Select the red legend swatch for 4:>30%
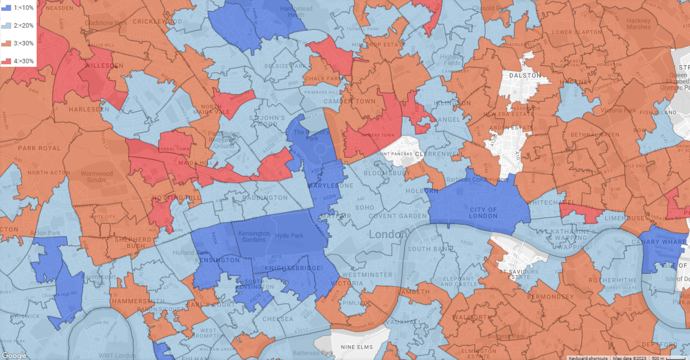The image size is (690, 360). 6,61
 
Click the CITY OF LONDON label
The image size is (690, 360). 483,213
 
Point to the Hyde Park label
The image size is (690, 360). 289,236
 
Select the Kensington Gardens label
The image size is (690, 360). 254,236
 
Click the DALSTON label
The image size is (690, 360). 525,75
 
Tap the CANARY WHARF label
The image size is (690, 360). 659,242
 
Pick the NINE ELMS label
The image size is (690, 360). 357,347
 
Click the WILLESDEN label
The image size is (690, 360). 104,66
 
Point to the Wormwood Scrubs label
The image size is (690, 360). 97,177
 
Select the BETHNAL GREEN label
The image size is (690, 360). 595,135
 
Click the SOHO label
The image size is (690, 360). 365,207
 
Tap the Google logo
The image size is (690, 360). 14,355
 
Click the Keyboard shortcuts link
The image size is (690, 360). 588,358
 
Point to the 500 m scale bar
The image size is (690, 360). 669,358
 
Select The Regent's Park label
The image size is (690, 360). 311,135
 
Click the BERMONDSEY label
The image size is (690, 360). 550,297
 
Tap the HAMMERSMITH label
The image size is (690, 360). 138,301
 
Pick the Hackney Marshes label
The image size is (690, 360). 638,24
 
